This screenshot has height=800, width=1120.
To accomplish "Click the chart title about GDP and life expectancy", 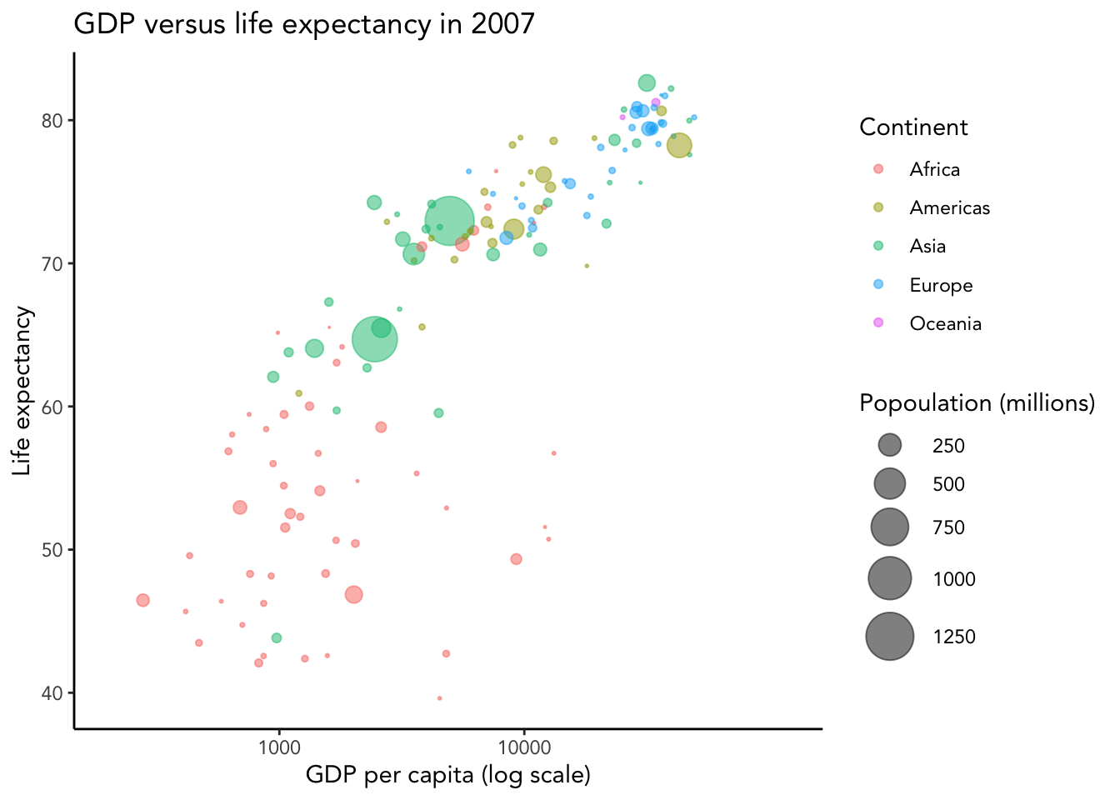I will click(304, 23).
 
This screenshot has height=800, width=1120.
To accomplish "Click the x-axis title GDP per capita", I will click(447, 775).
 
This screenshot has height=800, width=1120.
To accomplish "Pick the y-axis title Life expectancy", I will click(22, 391).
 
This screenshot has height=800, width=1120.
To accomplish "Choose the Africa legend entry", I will click(934, 169).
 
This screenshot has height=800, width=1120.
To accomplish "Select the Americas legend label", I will click(949, 207).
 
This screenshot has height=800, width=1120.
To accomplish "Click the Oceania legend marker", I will click(877, 323).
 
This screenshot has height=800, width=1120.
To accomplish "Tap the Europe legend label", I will click(941, 285).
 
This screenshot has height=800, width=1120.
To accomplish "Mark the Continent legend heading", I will click(913, 127).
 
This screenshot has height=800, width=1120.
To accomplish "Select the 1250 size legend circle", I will click(890, 637).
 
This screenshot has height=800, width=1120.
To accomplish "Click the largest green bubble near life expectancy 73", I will click(449, 222).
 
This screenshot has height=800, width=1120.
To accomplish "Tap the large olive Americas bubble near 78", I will click(679, 145).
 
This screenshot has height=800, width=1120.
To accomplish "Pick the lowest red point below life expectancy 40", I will click(439, 698).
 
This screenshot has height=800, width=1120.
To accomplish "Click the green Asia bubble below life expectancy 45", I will click(277, 637).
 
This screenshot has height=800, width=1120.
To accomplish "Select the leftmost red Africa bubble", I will click(142, 600).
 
